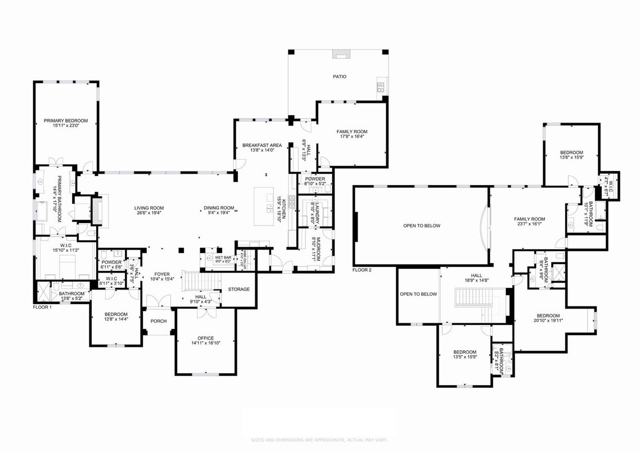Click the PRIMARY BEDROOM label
pos(66,120)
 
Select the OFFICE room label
pos(205,338)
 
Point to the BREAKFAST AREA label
pos(262,145)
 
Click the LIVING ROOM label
pos(148,208)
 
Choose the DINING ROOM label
pos(219,208)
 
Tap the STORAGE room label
pos(238,289)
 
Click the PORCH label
pos(157,322)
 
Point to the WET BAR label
pos(223,257)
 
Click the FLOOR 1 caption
pos(43,308)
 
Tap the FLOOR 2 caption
pos(362,270)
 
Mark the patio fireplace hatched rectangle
pos(341,54)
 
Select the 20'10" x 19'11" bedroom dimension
pos(548,320)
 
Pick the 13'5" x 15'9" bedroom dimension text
pos(465,356)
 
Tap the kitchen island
pos(263,207)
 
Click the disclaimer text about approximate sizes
pos(319,440)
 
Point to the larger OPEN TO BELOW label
pos(422,226)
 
